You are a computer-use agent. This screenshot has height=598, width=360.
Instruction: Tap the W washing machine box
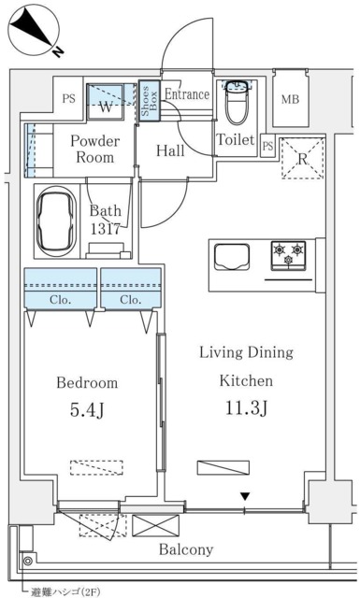[108, 102]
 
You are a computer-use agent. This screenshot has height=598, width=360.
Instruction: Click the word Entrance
[187, 94]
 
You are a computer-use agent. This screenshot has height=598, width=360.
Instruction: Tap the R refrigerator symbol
[302, 157]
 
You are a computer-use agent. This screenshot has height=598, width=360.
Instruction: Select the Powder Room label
[94, 149]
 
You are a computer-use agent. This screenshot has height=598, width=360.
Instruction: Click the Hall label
[170, 150]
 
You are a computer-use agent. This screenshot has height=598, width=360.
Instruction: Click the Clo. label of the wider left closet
[61, 300]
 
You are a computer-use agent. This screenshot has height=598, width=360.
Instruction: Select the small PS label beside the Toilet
[267, 146]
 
